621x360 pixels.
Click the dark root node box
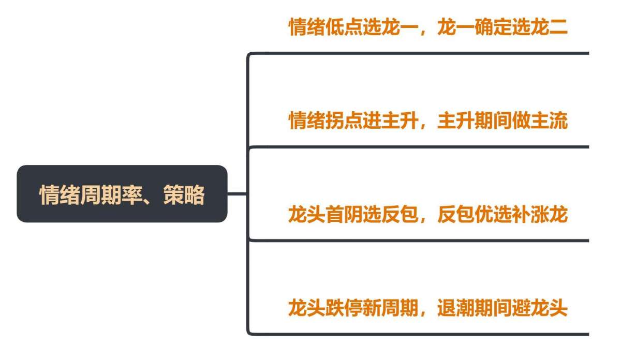point(122,194)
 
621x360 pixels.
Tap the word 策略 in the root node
point(184,195)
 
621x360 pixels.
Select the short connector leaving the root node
point(237,193)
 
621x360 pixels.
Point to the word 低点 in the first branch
point(344,27)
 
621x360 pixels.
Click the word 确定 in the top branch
point(493,27)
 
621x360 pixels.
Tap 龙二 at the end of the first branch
point(549,27)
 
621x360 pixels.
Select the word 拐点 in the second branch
point(344,121)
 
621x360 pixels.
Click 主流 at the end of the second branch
point(549,121)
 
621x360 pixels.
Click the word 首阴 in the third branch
point(344,214)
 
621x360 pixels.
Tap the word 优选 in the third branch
point(493,214)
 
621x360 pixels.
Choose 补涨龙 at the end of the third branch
point(540,214)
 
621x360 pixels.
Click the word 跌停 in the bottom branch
point(344,308)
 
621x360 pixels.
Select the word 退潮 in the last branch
point(456,308)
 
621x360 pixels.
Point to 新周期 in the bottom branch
point(390,308)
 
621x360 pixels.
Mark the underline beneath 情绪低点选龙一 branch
point(419,53)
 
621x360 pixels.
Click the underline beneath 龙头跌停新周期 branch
point(419,334)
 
